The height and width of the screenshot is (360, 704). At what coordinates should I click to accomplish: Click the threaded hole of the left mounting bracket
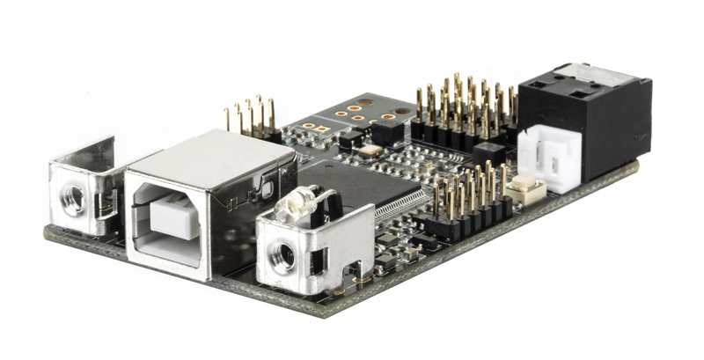(x=72, y=199)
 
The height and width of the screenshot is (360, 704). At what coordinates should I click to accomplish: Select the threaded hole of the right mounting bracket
(x=284, y=256)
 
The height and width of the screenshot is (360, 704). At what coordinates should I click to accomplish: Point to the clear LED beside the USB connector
(x=290, y=206)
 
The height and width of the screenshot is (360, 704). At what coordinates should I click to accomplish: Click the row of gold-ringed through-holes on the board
(x=370, y=111)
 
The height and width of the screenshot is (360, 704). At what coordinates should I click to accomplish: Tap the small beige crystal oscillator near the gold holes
(x=370, y=150)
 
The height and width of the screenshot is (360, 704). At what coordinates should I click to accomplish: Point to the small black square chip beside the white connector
(x=488, y=154)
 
